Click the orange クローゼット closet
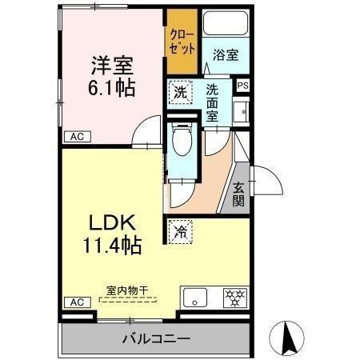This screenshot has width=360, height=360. [182, 42]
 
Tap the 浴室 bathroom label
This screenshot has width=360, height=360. [225, 55]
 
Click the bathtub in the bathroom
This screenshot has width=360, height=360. [226, 23]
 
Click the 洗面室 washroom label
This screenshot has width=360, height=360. [214, 102]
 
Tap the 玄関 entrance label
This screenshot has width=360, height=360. [239, 194]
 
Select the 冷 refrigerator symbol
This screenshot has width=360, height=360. [181, 231]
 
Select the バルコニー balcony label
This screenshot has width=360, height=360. [157, 338]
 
